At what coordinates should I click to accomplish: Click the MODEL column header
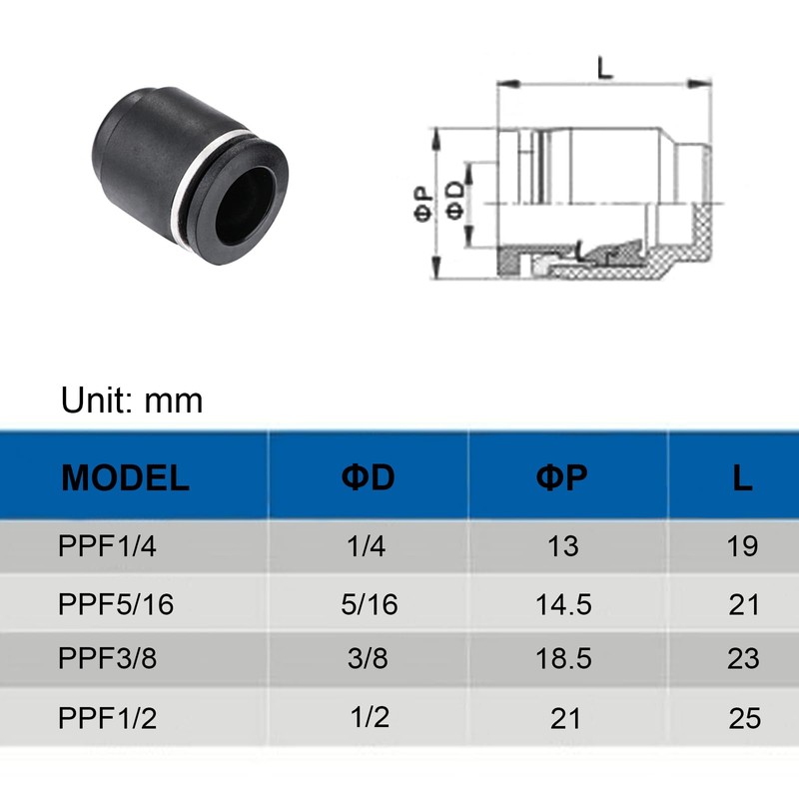[x=126, y=478]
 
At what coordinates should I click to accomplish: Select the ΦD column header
[x=368, y=477]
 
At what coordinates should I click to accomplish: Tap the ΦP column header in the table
[x=561, y=477]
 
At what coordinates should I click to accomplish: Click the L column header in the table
[x=742, y=478]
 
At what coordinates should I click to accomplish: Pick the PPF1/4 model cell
[x=107, y=545]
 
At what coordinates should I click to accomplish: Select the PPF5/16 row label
[x=116, y=604]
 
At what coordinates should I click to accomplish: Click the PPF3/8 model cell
[x=107, y=658]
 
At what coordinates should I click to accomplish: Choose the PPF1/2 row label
[x=107, y=718]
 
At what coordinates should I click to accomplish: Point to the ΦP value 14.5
[x=563, y=605]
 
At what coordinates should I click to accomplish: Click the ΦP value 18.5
[x=563, y=658]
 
